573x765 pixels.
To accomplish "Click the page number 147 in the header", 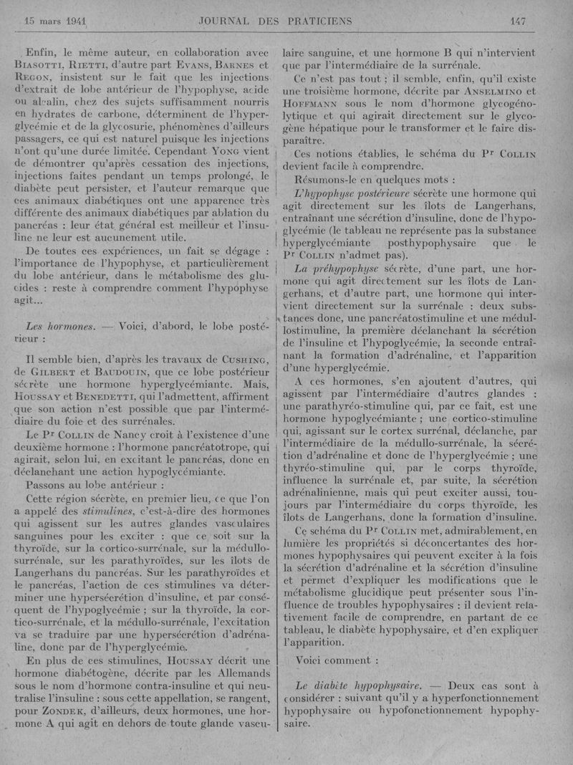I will coord(517,21).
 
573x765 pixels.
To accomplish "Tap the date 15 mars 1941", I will coord(55,21).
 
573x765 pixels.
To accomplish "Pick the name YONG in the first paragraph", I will coord(215,151).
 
